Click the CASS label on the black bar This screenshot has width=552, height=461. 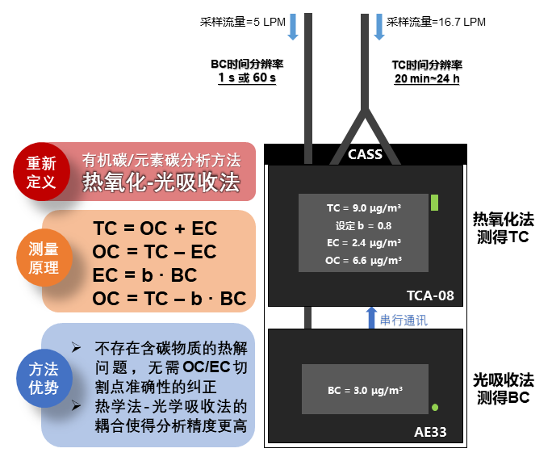coord(365,154)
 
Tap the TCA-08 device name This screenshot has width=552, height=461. coord(432,295)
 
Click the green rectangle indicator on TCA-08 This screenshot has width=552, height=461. coord(434,203)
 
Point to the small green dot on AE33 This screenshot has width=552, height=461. coord(435,407)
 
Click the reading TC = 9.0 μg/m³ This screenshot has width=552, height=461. coord(365,207)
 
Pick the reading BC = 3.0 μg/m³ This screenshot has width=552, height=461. coord(366,390)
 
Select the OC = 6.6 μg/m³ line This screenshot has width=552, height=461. coord(365,261)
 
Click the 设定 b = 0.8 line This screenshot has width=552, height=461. coord(365,225)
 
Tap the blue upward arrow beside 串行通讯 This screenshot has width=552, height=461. coord(371,318)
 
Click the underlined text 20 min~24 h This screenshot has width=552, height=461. coord(427,78)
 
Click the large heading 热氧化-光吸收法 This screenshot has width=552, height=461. coord(161,182)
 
